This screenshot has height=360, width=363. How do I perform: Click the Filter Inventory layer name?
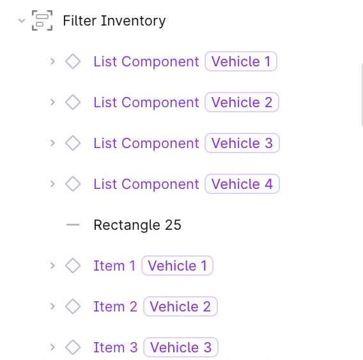(114, 21)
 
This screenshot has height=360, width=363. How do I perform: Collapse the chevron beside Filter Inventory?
(22, 21)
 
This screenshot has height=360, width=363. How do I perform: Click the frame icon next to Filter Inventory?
(42, 20)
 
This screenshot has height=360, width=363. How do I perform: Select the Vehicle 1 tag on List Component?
(241, 61)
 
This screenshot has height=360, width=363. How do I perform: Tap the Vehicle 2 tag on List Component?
(242, 102)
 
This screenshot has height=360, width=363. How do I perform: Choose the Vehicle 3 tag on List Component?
(242, 143)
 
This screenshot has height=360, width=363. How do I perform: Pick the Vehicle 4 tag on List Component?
(242, 184)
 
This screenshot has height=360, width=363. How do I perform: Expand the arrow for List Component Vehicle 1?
(53, 61)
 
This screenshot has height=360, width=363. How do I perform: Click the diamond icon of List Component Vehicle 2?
(73, 102)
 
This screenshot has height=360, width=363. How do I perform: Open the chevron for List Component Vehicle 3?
(53, 143)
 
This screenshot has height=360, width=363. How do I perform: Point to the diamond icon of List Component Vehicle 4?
(73, 184)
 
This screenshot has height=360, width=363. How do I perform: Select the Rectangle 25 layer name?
(137, 225)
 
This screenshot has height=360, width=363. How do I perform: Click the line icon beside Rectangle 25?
(73, 225)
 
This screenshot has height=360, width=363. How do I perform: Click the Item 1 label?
(114, 266)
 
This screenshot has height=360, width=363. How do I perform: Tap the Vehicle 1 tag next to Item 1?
(177, 266)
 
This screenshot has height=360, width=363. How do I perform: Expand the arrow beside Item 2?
(53, 306)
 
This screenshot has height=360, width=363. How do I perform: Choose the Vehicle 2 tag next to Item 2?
(180, 306)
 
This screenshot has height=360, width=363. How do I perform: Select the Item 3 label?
(116, 347)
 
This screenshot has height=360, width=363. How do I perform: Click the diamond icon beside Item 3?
(73, 347)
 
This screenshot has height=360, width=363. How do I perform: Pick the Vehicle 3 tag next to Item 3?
(181, 347)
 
